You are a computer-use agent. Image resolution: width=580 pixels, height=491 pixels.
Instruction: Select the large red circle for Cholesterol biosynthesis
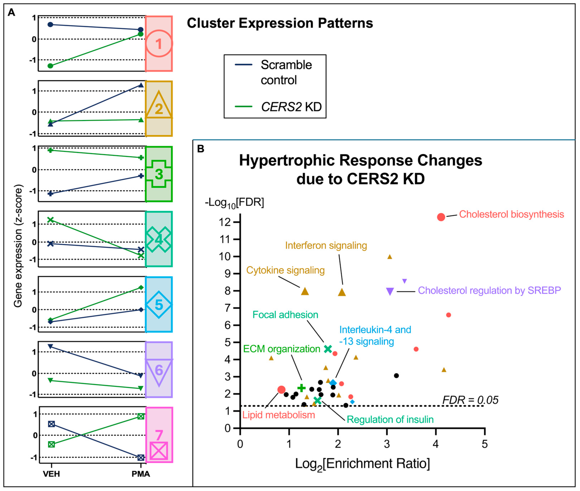click(x=441, y=217)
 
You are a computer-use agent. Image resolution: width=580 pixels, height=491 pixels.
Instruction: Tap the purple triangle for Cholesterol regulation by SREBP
click(x=390, y=291)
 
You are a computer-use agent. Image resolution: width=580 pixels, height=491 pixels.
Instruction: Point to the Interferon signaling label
click(x=326, y=245)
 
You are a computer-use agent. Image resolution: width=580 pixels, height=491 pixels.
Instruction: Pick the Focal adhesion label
click(x=285, y=315)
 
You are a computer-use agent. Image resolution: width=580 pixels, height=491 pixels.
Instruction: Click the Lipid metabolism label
click(x=279, y=415)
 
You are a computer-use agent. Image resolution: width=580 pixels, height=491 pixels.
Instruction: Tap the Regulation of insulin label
click(x=390, y=420)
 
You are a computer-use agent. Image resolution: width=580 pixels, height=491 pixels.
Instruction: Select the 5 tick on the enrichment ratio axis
click(x=485, y=444)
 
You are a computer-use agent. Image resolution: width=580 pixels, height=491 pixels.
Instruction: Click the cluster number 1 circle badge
click(x=159, y=44)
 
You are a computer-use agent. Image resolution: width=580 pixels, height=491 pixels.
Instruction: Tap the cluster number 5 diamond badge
click(x=159, y=305)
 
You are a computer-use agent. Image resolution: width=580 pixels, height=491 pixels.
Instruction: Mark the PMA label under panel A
click(x=141, y=474)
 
